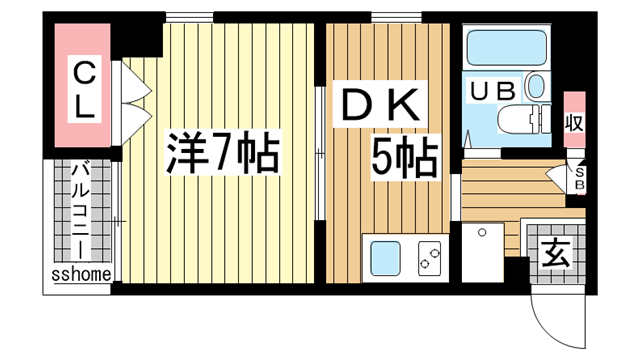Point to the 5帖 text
tap(405, 157)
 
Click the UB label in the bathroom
tap(493, 90)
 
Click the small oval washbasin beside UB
tap(537, 88)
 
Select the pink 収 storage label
tap(573, 123)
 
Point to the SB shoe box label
tap(580, 179)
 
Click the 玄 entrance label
tap(556, 252)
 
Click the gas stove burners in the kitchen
tap(429, 259)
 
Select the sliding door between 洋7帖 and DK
tap(319, 155)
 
